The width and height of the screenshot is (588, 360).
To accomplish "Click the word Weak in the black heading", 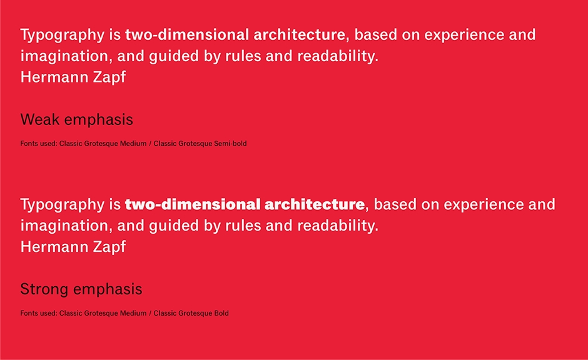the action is (40, 120).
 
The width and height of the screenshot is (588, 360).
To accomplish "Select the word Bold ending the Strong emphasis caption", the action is (221, 313).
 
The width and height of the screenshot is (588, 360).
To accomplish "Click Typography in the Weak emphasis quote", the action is (63, 36).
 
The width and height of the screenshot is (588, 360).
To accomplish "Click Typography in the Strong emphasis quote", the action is (63, 205).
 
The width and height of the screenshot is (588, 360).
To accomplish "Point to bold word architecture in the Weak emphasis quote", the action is (299, 35).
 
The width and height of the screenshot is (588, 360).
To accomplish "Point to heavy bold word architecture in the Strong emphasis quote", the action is (315, 204).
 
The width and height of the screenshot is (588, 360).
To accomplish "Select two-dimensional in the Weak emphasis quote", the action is (187, 35).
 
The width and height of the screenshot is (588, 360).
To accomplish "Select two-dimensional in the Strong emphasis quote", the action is (193, 204).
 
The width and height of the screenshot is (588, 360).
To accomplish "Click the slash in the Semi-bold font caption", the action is (150, 144).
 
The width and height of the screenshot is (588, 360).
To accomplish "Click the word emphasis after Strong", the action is (108, 289).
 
